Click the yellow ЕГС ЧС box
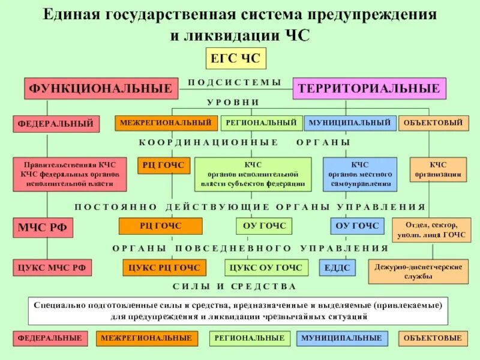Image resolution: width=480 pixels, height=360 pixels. (x=235, y=59)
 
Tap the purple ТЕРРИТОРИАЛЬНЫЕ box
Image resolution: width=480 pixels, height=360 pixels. (x=369, y=89)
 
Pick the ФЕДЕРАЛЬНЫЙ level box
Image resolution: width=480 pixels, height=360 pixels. (x=55, y=124)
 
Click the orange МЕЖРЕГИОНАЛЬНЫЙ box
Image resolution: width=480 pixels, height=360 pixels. (x=166, y=123)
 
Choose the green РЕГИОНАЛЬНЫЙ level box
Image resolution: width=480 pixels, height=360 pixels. (x=260, y=123)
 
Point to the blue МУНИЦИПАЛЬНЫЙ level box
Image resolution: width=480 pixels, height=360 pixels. (x=350, y=123)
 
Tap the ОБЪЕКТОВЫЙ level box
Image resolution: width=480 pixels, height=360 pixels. (x=433, y=123)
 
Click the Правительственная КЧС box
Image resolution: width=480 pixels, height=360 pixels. (x=70, y=174)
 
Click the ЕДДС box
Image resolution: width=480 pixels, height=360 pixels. (x=337, y=267)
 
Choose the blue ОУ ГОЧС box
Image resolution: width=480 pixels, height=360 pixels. (x=357, y=226)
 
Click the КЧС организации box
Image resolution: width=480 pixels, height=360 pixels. (x=437, y=170)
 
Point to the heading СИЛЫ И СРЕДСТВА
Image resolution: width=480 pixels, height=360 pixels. (x=235, y=286)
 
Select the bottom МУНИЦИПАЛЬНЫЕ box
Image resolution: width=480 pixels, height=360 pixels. (x=341, y=338)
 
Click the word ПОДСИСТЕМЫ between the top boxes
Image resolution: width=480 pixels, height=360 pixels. (x=235, y=82)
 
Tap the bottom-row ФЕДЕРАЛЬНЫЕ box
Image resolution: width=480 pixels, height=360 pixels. (x=50, y=338)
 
